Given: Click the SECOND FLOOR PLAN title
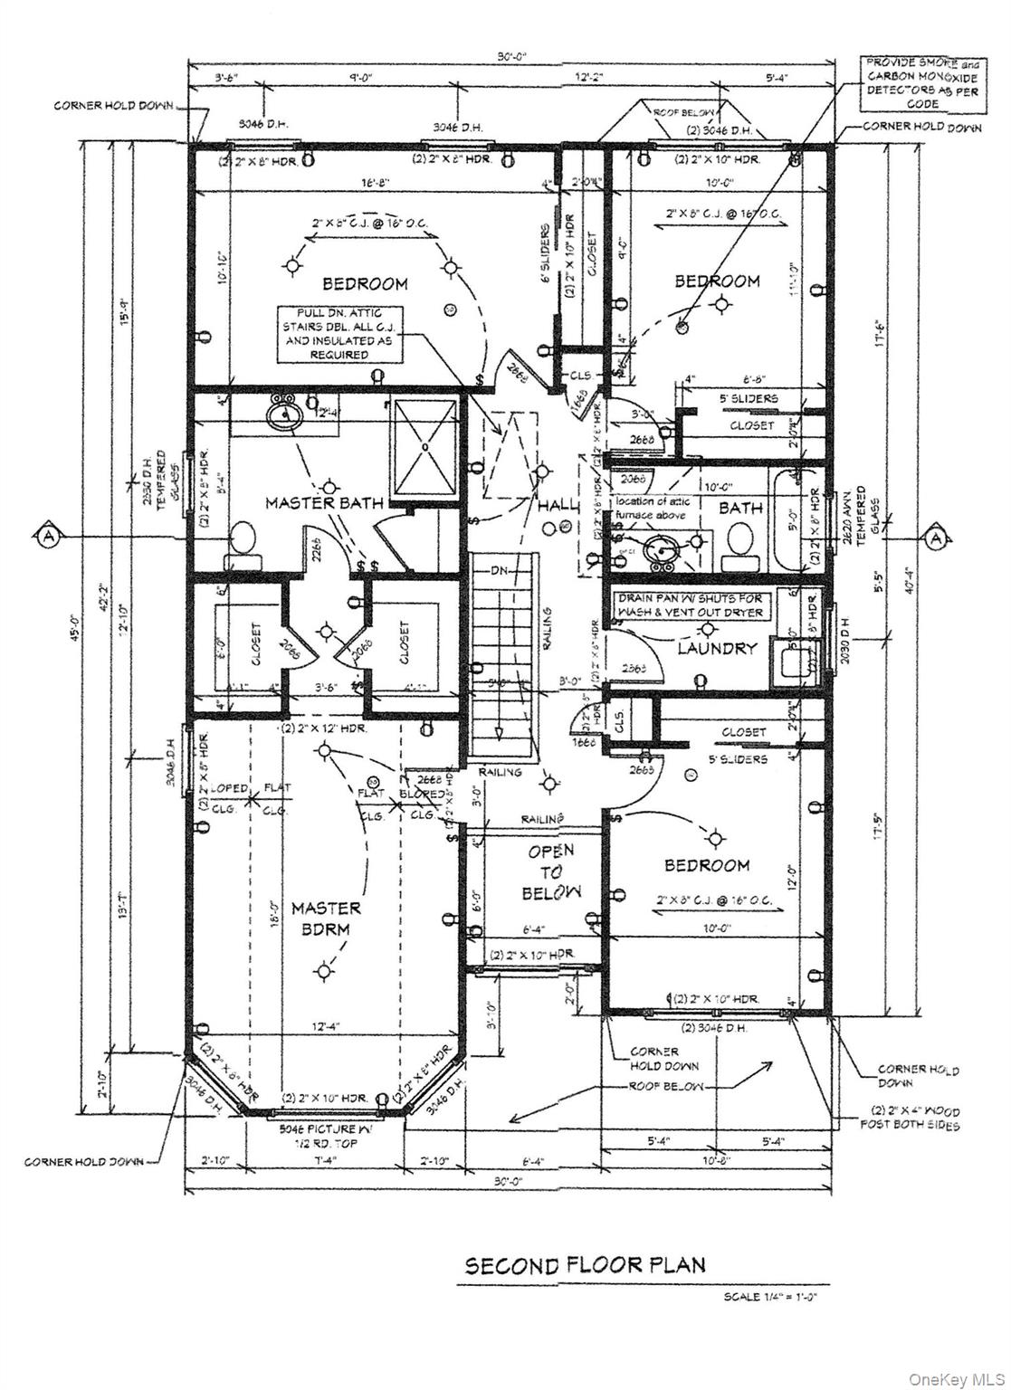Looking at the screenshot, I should [x=585, y=1264].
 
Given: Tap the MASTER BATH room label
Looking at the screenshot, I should [x=324, y=502].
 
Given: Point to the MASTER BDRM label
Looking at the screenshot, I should [x=326, y=919].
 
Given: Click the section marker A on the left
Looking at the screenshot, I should [x=47, y=537].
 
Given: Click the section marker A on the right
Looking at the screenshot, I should [x=934, y=538].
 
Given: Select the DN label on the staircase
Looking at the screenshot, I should [x=500, y=572].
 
